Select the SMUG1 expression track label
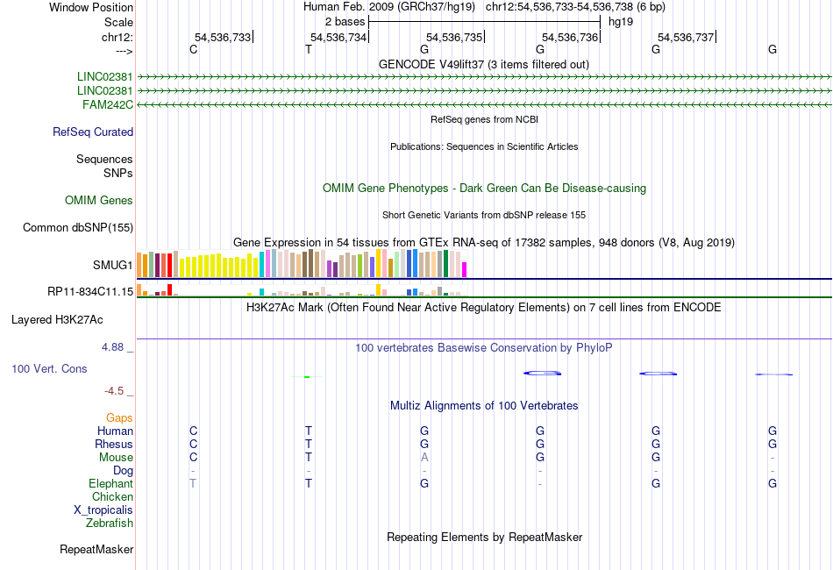113,264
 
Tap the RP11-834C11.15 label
90,291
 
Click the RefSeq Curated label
93,132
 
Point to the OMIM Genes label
99,201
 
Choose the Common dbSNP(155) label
77,228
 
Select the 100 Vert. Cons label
49,369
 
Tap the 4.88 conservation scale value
113,347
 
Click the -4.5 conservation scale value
116,391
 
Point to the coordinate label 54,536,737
686,37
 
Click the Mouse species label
116,457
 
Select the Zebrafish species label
110,524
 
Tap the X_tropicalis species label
103,510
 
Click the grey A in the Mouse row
424,457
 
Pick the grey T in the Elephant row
193,483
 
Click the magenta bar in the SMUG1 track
465,268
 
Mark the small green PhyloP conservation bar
307,377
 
